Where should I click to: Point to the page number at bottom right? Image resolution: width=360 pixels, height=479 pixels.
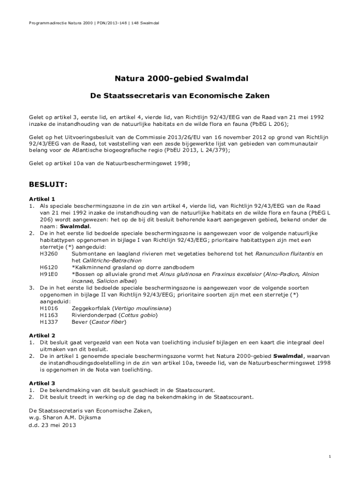pyautogui.click(x=330, y=457)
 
